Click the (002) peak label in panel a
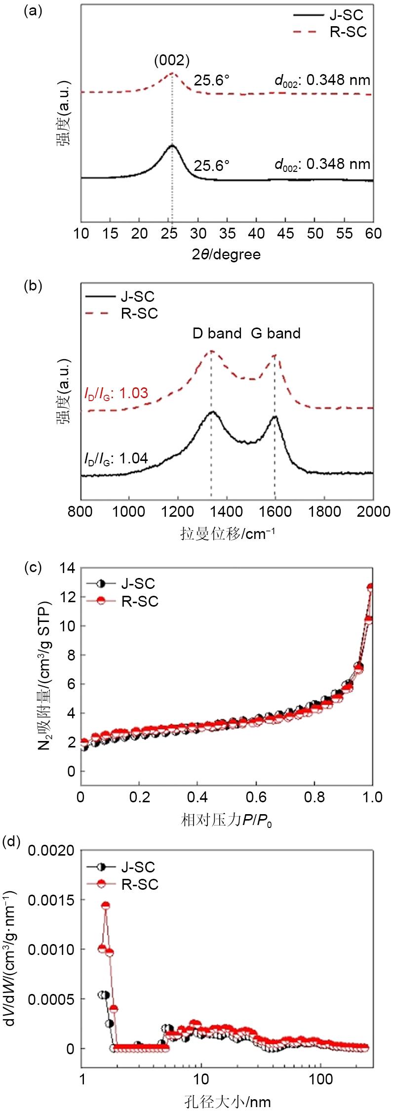point(172,61)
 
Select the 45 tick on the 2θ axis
point(285,234)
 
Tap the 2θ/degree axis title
point(226,254)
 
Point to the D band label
point(217,333)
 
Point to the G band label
point(275,333)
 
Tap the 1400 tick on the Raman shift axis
point(226,511)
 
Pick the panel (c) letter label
point(33,568)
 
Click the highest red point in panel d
point(105,906)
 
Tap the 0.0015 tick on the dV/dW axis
point(51,900)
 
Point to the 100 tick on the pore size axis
point(321,1079)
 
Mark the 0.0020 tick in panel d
point(51,851)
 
